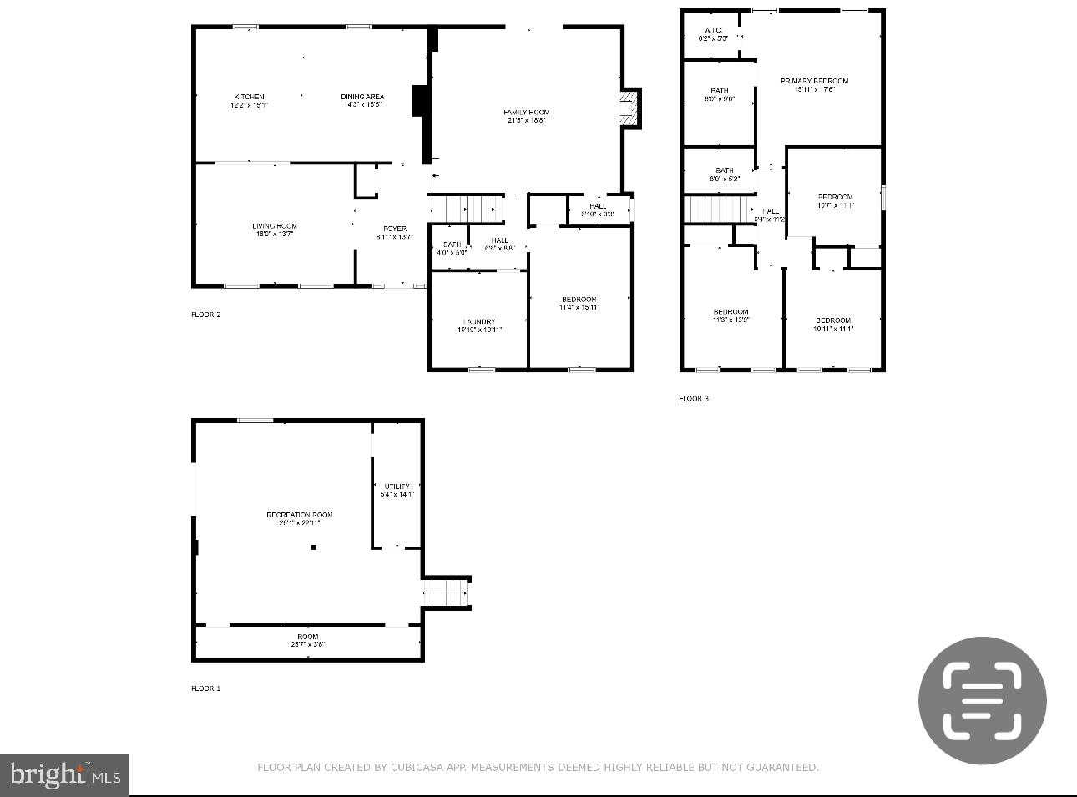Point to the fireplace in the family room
pyautogui.click(x=629, y=108)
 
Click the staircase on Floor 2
pyautogui.click(x=468, y=209)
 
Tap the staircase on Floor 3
pyautogui.click(x=717, y=209)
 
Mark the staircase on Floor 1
pyautogui.click(x=446, y=593)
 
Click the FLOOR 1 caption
pyautogui.click(x=206, y=689)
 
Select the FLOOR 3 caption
pyautogui.click(x=694, y=399)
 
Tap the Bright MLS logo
pyautogui.click(x=64, y=775)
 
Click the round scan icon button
pyautogui.click(x=983, y=700)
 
